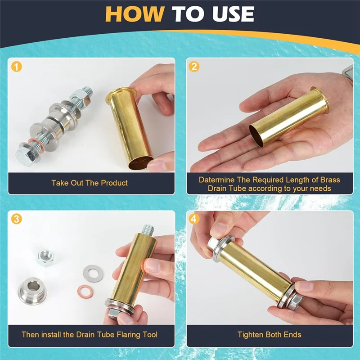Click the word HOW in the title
coord(135,14)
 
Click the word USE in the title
coord(233,14)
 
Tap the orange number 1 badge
coord(17,67)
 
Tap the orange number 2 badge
coord(194,66)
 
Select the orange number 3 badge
coord(17,219)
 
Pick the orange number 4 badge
coord(194,219)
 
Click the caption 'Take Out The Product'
coord(90,183)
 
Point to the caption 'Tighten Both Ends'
coord(269,334)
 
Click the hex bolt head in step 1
coord(25,156)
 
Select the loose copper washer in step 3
coord(85,291)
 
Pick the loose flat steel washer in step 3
coord(93,274)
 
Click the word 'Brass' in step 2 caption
coord(330,180)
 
